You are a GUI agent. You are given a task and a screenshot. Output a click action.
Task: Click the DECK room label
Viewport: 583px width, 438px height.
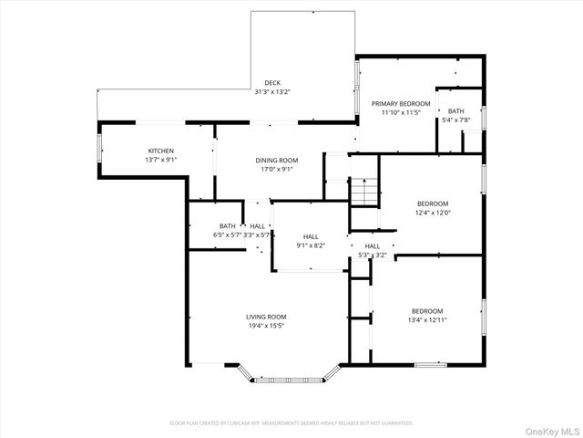(272, 83)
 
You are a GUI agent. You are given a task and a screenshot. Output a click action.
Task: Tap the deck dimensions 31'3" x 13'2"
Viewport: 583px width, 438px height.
(272, 91)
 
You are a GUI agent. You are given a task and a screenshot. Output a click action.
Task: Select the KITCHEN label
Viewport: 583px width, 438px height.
(161, 151)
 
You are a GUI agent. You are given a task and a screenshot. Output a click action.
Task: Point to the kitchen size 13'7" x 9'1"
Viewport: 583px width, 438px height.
(161, 160)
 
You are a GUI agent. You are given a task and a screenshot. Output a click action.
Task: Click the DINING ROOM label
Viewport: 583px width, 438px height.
(278, 160)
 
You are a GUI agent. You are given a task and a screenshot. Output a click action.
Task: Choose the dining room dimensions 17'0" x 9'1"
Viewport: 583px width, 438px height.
(278, 169)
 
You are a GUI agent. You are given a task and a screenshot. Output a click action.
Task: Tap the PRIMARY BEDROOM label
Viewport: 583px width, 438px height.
(400, 104)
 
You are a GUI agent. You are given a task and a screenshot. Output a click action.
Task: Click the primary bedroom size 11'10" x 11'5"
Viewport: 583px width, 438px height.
(400, 113)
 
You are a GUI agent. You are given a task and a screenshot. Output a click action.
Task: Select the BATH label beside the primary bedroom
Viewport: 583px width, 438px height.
(455, 111)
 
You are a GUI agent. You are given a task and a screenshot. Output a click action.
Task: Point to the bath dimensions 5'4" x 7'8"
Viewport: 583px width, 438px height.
(455, 120)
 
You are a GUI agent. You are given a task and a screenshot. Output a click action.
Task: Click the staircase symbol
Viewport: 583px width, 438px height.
(363, 193)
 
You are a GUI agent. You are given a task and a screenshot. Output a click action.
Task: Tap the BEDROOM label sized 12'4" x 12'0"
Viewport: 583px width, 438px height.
(433, 203)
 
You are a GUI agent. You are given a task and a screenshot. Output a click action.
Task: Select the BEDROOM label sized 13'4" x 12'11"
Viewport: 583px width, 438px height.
(426, 310)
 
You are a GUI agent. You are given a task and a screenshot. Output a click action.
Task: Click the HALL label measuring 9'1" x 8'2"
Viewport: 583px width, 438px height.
(311, 235)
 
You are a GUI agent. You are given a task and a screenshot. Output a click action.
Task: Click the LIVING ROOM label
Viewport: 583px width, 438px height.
(266, 317)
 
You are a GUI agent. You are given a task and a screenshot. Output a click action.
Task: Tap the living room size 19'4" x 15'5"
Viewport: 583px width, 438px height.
(266, 326)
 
